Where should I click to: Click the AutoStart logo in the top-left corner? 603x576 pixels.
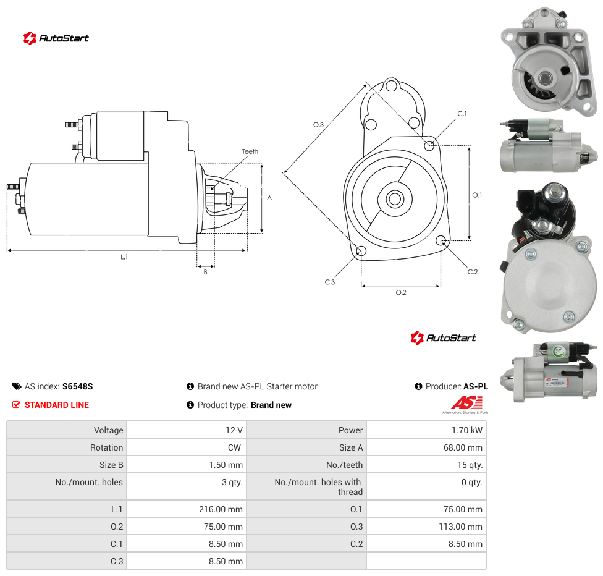[56, 38]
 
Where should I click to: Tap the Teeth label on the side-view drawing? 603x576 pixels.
[250, 151]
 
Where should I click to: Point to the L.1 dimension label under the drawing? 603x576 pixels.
[124, 256]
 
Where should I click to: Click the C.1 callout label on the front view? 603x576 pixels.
[462, 114]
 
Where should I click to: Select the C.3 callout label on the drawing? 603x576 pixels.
[329, 282]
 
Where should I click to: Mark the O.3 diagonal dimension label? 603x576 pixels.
[318, 125]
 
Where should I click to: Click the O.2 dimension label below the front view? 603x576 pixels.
[401, 292]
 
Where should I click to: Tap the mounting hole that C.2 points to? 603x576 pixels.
[441, 240]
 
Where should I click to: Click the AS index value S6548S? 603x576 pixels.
[78, 386]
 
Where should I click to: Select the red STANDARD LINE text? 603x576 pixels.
[57, 405]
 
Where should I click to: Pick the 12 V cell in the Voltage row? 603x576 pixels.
[234, 430]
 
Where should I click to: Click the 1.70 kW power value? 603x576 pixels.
[467, 430]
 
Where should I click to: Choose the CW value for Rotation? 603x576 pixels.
[234, 447]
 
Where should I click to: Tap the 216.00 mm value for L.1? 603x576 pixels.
[221, 509]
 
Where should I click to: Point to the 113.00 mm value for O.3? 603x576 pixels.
[460, 527]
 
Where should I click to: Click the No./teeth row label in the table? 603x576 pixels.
[344, 465]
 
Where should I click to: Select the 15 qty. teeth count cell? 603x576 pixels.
[470, 465]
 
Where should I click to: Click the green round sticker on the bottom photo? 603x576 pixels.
[558, 351]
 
